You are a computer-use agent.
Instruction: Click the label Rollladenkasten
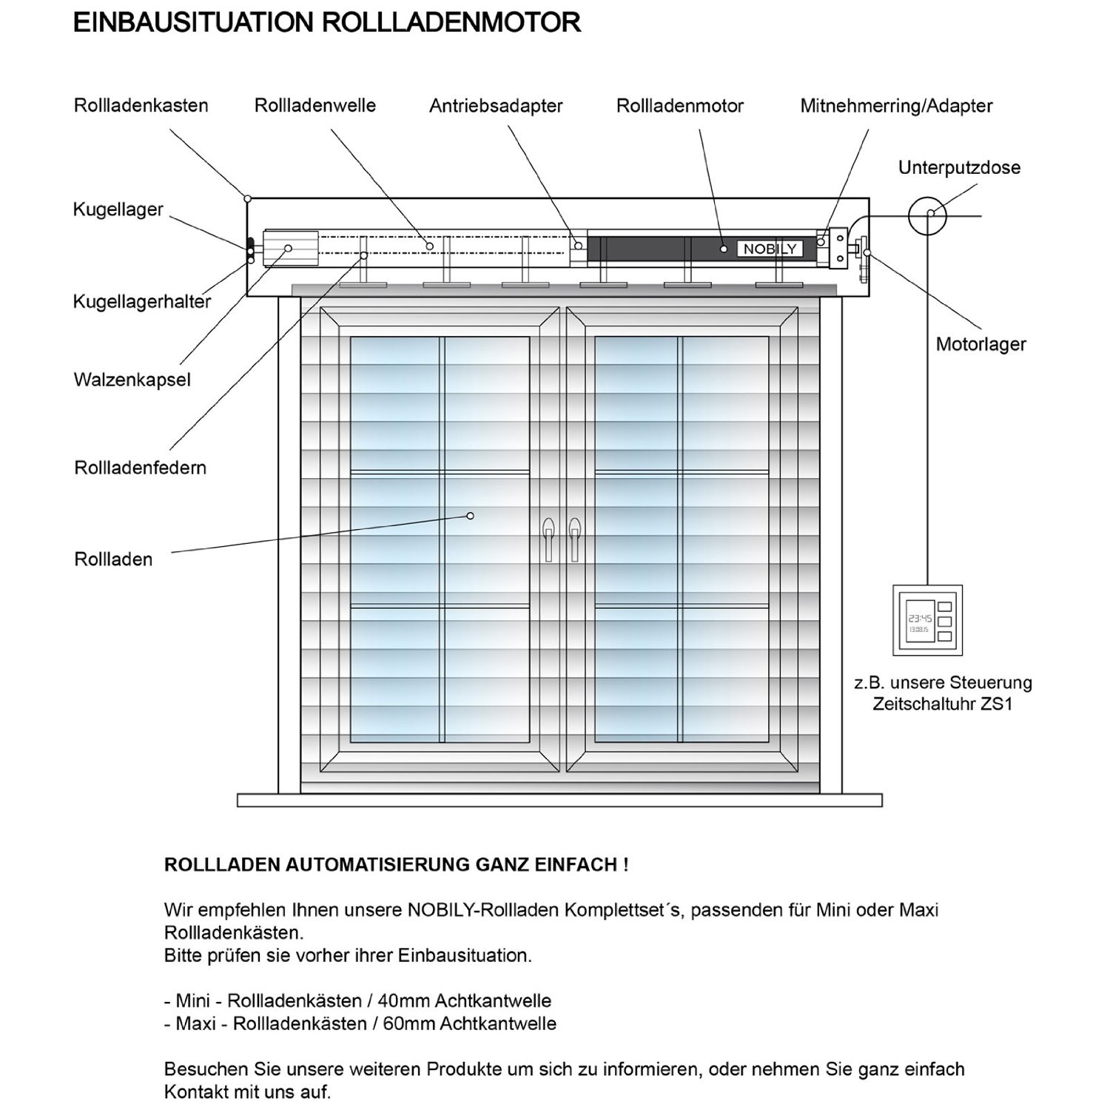coord(141,106)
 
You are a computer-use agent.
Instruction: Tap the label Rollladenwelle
coord(314,106)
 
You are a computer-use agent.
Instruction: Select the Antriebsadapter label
coord(496,107)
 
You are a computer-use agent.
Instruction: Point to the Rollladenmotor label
coord(679,107)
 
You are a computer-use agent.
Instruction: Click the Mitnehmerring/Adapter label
coord(896,107)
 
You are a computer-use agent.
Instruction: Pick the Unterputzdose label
coord(959,168)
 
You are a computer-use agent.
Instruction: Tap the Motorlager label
coord(980,345)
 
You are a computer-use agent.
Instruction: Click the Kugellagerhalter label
coord(141,302)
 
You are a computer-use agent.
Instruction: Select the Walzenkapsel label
coord(132,380)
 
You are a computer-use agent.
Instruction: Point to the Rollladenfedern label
coord(140,468)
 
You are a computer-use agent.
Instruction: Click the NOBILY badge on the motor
coord(770,249)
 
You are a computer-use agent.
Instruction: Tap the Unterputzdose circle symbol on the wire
coord(927,215)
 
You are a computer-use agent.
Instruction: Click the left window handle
coord(548,538)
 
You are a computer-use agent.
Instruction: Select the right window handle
coord(574,538)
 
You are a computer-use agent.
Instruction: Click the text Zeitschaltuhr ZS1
coord(942,704)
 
